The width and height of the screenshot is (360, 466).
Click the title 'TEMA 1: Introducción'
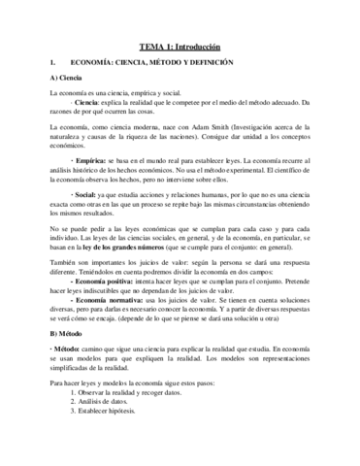pyautogui.click(x=180, y=46)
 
